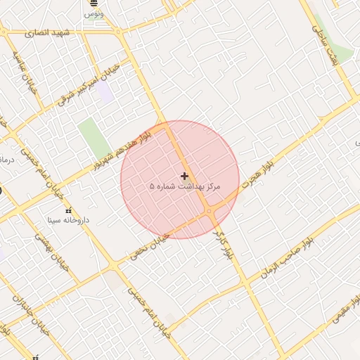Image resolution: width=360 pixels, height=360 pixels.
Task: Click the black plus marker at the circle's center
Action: click(184, 176)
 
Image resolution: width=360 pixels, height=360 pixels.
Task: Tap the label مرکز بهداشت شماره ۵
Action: click(185, 187)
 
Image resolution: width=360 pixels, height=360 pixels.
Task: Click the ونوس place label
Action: click(94, 14)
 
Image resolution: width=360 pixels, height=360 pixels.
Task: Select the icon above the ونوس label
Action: click(94, 4)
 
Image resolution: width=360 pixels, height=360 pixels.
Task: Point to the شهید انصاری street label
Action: click(48, 33)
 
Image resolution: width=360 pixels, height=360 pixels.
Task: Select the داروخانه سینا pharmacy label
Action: click(68, 220)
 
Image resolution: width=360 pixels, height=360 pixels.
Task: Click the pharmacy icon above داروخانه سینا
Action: click(68, 210)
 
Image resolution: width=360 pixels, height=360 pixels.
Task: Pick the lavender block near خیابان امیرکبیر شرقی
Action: click(105, 92)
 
